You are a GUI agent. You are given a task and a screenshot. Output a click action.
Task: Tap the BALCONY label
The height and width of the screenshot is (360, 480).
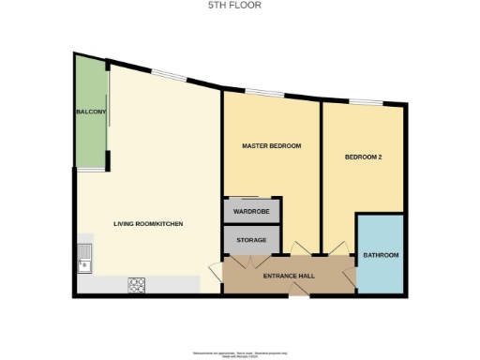pyautogui.click(x=90, y=112)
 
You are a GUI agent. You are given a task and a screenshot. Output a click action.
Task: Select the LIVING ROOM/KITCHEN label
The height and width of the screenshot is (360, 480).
pyautogui.click(x=147, y=224)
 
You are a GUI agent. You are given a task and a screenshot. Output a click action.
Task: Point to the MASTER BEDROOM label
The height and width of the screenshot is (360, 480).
pyautogui.click(x=271, y=145)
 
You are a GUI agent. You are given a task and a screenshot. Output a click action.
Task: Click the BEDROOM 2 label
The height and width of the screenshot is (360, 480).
pyautogui.click(x=363, y=157)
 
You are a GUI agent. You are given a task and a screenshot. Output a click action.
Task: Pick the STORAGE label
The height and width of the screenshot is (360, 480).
pyautogui.click(x=251, y=241)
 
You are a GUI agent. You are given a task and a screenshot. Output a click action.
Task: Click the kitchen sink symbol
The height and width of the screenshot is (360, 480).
pyautogui.click(x=84, y=256)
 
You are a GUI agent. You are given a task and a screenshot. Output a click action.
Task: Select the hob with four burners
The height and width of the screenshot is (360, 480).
pyautogui.click(x=136, y=284)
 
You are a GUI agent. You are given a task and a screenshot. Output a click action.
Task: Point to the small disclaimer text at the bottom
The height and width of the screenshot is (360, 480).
pyautogui.click(x=240, y=354)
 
